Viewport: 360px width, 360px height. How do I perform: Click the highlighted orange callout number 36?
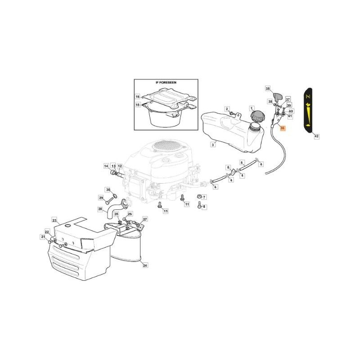[282, 128]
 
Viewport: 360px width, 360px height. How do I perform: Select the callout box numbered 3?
[212, 145]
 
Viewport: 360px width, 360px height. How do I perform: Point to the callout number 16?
[138, 97]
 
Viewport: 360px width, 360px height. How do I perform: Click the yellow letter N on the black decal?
[308, 97]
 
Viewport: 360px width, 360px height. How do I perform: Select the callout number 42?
[316, 135]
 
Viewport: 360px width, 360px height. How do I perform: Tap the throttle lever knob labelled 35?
[278, 96]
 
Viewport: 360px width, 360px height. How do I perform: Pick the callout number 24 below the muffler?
[145, 265]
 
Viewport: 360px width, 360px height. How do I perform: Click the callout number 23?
[54, 220]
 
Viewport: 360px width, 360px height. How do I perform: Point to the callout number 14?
[106, 166]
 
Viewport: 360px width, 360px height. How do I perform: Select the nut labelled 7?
[198, 197]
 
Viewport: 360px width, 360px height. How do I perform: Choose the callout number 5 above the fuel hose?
[242, 162]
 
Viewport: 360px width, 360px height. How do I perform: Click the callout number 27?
[145, 219]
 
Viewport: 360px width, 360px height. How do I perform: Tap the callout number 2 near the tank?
[227, 108]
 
